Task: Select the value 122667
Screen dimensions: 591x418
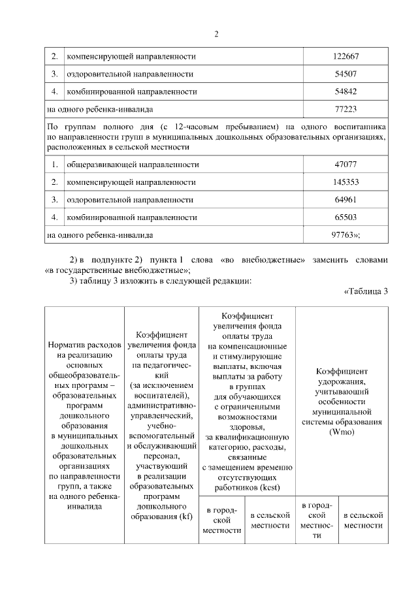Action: click(x=346, y=56)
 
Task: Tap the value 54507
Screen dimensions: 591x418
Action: click(x=346, y=74)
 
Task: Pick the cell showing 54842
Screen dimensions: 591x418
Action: click(x=346, y=91)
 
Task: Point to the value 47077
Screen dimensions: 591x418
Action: click(x=346, y=164)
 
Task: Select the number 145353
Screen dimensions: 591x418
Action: click(x=346, y=182)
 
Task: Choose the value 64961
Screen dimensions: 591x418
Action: click(x=346, y=199)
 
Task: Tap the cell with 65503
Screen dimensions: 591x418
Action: click(x=346, y=216)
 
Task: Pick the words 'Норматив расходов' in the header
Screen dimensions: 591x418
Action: click(x=84, y=344)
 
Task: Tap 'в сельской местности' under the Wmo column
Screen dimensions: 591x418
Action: click(x=363, y=520)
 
